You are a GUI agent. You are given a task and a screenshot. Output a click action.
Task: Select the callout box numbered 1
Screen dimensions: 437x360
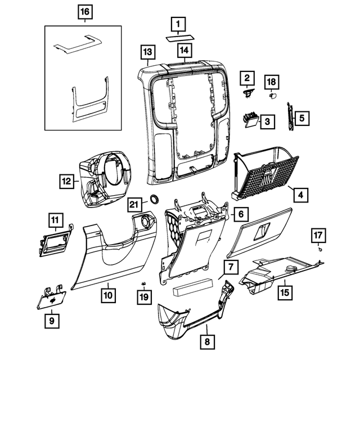tap(178, 24)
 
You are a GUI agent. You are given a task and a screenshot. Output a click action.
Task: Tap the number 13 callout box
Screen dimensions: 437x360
tap(147, 53)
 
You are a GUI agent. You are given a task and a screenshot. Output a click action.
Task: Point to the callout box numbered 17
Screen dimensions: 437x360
tap(318, 235)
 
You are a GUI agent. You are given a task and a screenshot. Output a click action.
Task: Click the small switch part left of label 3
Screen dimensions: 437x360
tap(250, 118)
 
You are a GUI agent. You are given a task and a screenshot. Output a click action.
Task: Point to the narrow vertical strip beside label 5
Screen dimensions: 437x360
tap(291, 119)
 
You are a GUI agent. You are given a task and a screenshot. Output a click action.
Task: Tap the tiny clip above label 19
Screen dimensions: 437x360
tap(143, 282)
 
